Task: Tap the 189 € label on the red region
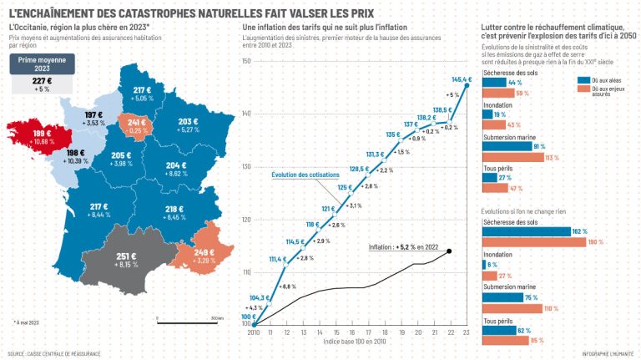[42, 132]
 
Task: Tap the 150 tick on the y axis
[246, 61]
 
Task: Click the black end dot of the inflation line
[449, 251]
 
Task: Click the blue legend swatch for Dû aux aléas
[582, 77]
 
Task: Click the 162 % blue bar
[526, 231]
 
